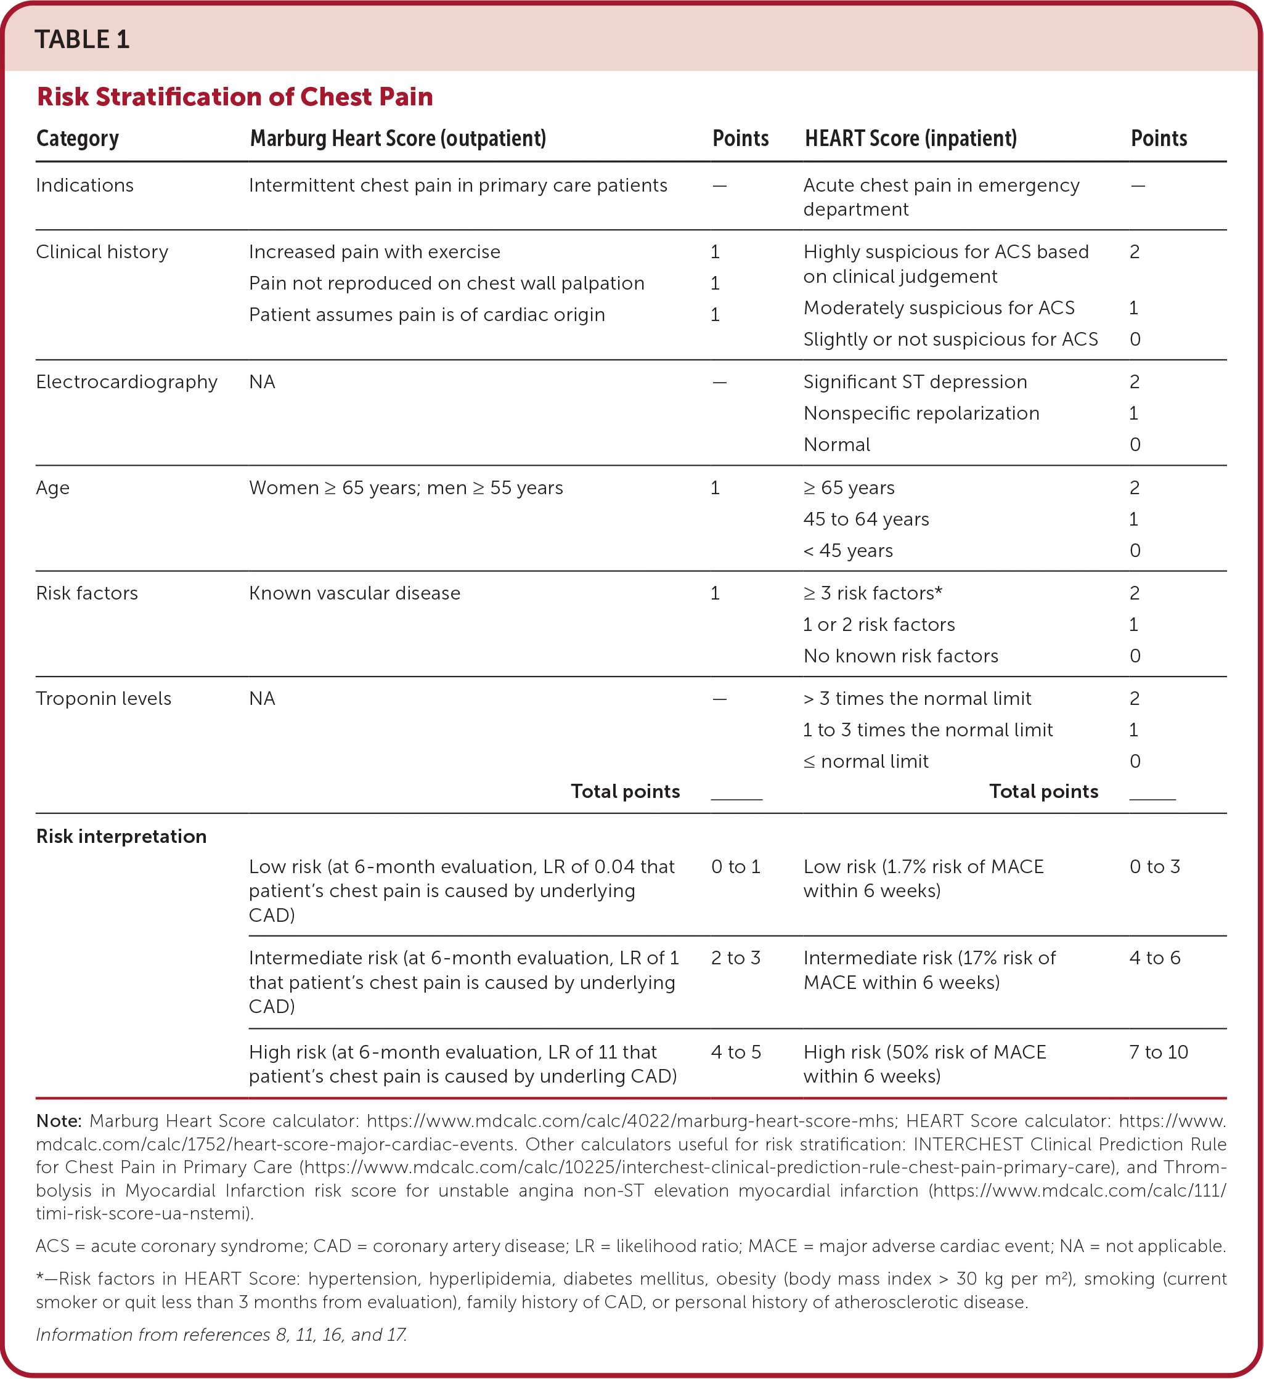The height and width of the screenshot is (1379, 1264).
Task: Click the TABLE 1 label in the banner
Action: (82, 39)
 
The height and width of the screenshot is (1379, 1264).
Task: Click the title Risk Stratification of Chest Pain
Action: (235, 97)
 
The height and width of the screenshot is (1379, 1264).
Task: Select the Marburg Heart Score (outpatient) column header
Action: (398, 139)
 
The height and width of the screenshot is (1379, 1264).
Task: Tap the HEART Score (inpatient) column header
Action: (910, 139)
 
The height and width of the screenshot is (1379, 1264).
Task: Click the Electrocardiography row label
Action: (126, 381)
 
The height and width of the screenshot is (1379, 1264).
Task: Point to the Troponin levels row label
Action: (104, 698)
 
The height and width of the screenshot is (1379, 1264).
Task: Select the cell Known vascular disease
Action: (354, 593)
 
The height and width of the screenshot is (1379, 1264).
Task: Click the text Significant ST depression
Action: (915, 381)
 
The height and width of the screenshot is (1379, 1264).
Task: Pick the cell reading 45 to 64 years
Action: (866, 519)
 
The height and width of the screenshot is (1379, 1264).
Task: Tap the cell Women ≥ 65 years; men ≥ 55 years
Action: (406, 488)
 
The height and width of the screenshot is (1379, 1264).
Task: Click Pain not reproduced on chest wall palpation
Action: (446, 283)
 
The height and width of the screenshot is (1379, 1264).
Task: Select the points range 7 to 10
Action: (1158, 1052)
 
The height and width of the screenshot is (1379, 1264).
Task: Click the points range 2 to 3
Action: (735, 958)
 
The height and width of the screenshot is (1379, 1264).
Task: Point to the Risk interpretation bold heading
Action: (121, 836)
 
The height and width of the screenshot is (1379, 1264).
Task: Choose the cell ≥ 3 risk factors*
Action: (872, 593)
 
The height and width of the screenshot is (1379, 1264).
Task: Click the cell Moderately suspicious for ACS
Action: (939, 308)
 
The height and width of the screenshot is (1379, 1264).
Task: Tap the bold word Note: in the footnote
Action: (59, 1121)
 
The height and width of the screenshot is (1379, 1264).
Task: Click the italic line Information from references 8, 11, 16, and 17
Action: (221, 1335)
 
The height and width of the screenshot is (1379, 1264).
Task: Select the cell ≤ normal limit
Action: (865, 762)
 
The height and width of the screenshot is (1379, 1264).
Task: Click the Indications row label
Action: (85, 185)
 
